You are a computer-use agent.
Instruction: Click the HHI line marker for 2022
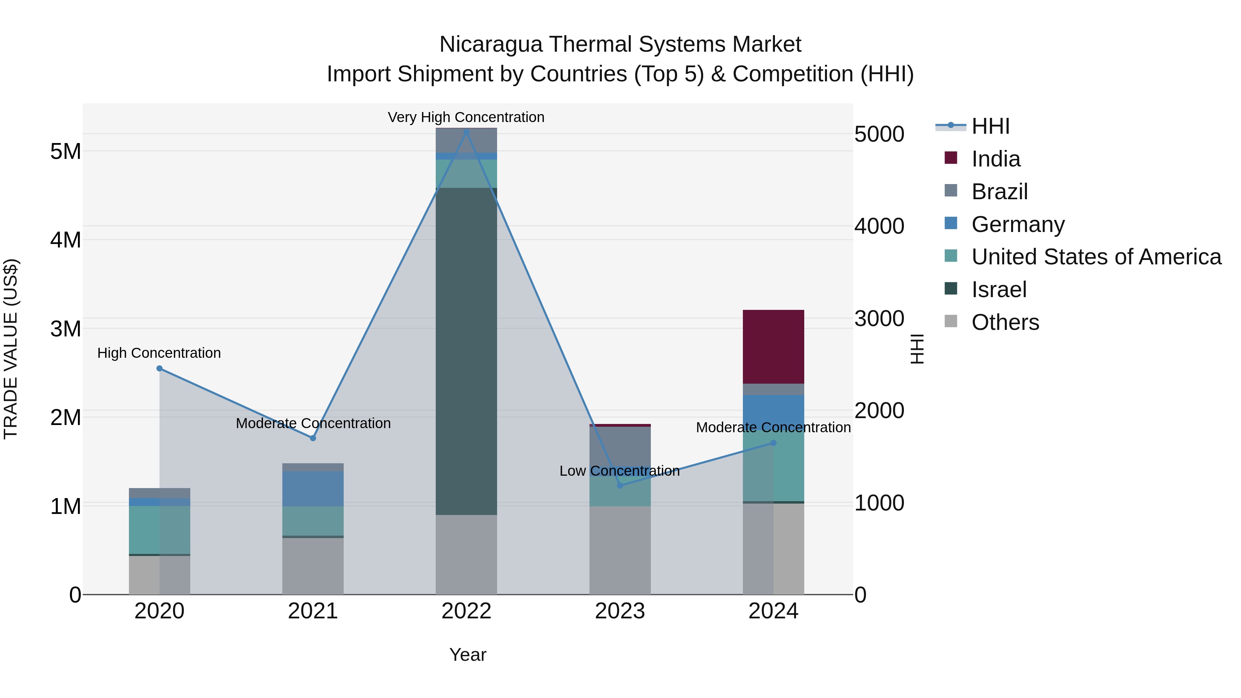[466, 132]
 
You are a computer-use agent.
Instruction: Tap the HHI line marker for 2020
[160, 368]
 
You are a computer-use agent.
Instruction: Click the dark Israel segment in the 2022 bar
[466, 352]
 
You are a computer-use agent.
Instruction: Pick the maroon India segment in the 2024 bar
[773, 347]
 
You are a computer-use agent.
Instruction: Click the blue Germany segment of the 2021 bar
[313, 488]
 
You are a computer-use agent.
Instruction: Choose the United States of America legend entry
[1096, 257]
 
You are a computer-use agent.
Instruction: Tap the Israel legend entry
[999, 290]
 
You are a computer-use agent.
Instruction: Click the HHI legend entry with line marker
[990, 126]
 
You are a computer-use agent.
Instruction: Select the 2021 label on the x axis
[313, 611]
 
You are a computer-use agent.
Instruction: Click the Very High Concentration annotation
[466, 117]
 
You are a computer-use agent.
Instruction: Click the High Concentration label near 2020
[159, 353]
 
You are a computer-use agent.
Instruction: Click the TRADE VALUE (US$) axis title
[11, 349]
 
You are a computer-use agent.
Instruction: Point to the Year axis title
[467, 655]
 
